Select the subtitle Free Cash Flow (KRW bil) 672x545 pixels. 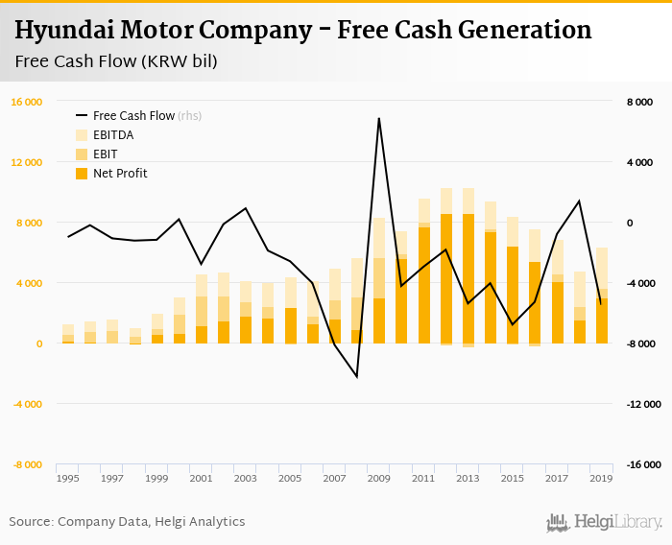point(115,62)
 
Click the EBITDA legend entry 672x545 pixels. point(113,135)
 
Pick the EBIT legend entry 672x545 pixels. point(107,154)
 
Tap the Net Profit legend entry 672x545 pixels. point(120,174)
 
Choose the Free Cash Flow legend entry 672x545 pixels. point(133,115)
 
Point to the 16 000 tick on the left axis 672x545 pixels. point(26,102)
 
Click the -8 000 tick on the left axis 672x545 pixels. point(26,464)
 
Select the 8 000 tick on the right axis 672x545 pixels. point(640,102)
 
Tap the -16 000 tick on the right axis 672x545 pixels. point(643,464)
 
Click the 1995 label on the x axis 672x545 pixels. point(67,478)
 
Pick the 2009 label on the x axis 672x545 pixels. point(378,478)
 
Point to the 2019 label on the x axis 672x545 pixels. point(601,478)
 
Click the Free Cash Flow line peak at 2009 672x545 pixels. point(379,119)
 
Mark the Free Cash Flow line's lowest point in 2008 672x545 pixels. point(357,376)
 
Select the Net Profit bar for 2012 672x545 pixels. point(446,278)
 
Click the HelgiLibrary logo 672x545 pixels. point(605,522)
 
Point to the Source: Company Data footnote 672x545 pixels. point(127,522)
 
